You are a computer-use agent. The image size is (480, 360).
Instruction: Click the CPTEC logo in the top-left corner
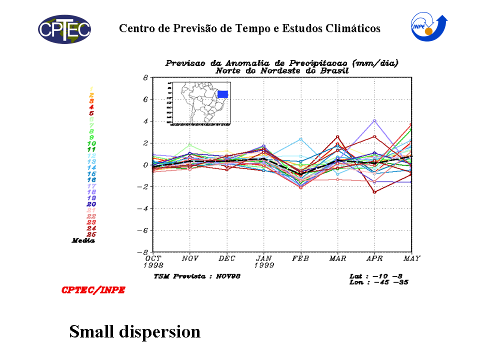64,29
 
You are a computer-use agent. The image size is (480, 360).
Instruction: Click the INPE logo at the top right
428,28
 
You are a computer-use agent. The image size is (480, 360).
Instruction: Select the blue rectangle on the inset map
222,94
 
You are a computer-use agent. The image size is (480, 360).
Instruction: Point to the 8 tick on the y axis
145,77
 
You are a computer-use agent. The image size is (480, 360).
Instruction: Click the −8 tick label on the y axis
143,252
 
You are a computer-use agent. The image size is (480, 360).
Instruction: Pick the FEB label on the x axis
300,259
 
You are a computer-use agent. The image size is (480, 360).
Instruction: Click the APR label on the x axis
374,259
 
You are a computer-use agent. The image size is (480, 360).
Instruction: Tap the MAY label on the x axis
411,259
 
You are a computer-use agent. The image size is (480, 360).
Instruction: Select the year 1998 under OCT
153,265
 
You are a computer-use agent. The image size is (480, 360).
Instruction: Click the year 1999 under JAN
264,265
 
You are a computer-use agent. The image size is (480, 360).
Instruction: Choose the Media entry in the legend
83,240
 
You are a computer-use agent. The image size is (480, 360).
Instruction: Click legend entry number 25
91,234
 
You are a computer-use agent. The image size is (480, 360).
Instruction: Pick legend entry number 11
91,149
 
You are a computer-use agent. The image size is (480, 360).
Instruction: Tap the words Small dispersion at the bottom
134,331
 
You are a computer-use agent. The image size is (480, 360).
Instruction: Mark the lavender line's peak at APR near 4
374,120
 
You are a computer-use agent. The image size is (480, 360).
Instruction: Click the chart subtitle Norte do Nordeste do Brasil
282,70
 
